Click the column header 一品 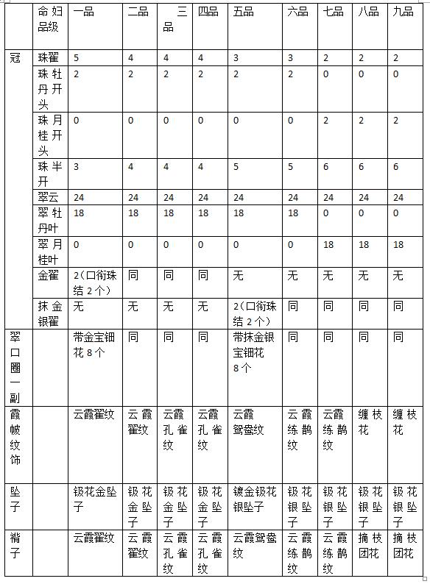coord(83,11)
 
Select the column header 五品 coord(244,11)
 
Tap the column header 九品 coord(403,11)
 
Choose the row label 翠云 coord(50,197)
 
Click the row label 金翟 coord(50,275)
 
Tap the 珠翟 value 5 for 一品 coord(77,57)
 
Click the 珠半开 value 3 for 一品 coord(77,167)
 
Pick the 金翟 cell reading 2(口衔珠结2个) coord(96,282)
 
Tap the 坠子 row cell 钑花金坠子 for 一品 coord(95,491)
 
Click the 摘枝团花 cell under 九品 coord(405,545)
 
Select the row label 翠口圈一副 coord(15,365)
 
